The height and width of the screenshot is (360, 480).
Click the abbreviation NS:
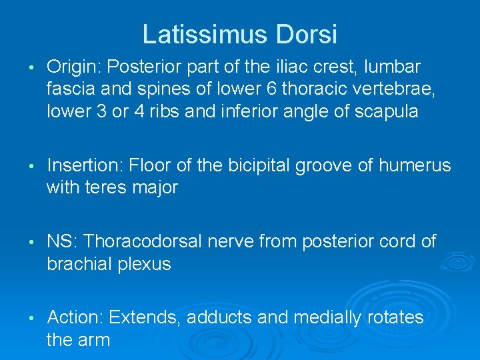[x=63, y=241]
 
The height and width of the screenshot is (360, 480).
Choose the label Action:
[x=76, y=317]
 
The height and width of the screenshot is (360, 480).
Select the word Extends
[x=145, y=317]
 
